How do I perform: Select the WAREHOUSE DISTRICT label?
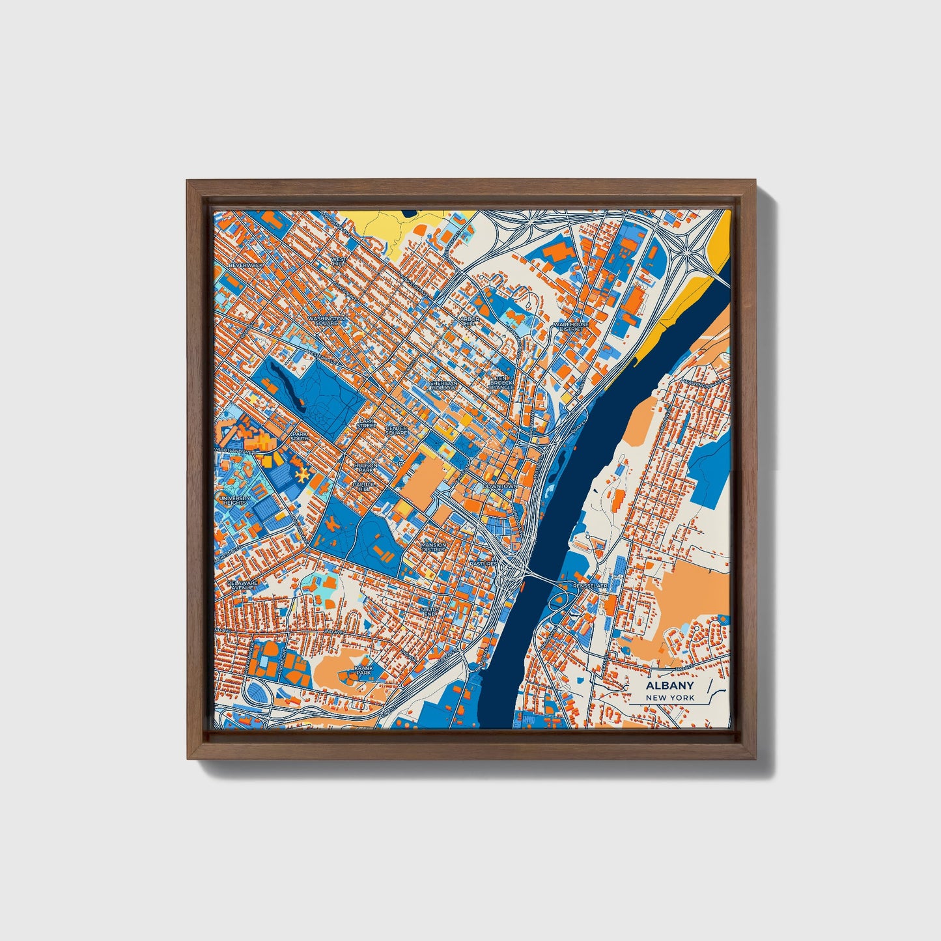coord(571,326)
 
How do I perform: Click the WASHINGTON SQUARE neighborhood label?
coord(326,320)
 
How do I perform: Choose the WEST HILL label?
coord(339,261)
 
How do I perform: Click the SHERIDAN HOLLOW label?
coord(443,386)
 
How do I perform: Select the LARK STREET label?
coord(367,423)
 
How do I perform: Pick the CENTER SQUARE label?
coord(396,430)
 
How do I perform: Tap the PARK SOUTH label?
coord(300,436)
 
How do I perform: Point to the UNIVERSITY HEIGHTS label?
coord(235,500)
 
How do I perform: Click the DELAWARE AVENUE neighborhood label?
coord(242,585)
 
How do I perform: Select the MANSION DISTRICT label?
coord(434,547)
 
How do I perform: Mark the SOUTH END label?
coord(430,611)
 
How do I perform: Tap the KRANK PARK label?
coord(363,670)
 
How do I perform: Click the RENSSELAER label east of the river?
coord(590,586)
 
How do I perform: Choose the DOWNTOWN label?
coord(499,486)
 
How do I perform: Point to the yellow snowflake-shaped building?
coord(301,476)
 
